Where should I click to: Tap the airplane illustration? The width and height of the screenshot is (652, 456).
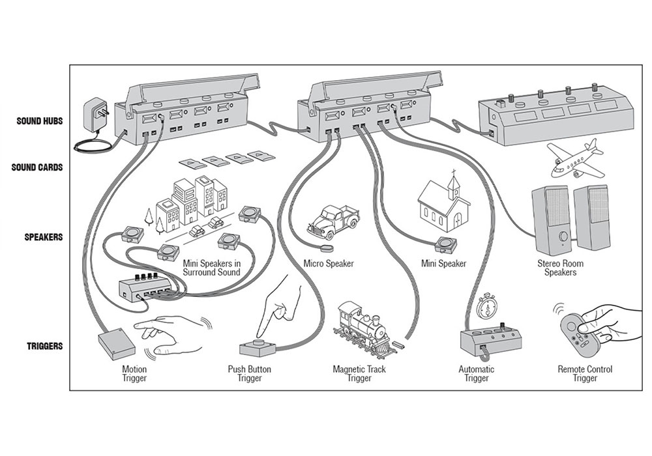click(574, 161)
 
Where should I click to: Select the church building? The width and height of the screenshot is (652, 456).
click(444, 201)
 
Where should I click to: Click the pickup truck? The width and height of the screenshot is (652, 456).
click(333, 221)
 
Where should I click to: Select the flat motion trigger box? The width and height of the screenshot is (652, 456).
click(117, 343)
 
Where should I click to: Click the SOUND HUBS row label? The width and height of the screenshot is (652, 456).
click(40, 121)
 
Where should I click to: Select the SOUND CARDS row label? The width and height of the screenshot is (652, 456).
click(37, 167)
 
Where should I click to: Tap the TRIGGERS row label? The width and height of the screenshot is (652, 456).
click(44, 346)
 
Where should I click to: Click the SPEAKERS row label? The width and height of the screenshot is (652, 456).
click(43, 237)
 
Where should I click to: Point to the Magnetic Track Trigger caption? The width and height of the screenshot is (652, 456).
click(359, 373)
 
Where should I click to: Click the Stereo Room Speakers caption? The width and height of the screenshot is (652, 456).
click(561, 268)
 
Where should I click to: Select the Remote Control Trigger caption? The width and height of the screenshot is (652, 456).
click(585, 373)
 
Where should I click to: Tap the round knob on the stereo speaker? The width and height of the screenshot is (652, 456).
click(563, 236)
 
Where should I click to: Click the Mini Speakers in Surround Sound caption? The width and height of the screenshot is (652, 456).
click(212, 268)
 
